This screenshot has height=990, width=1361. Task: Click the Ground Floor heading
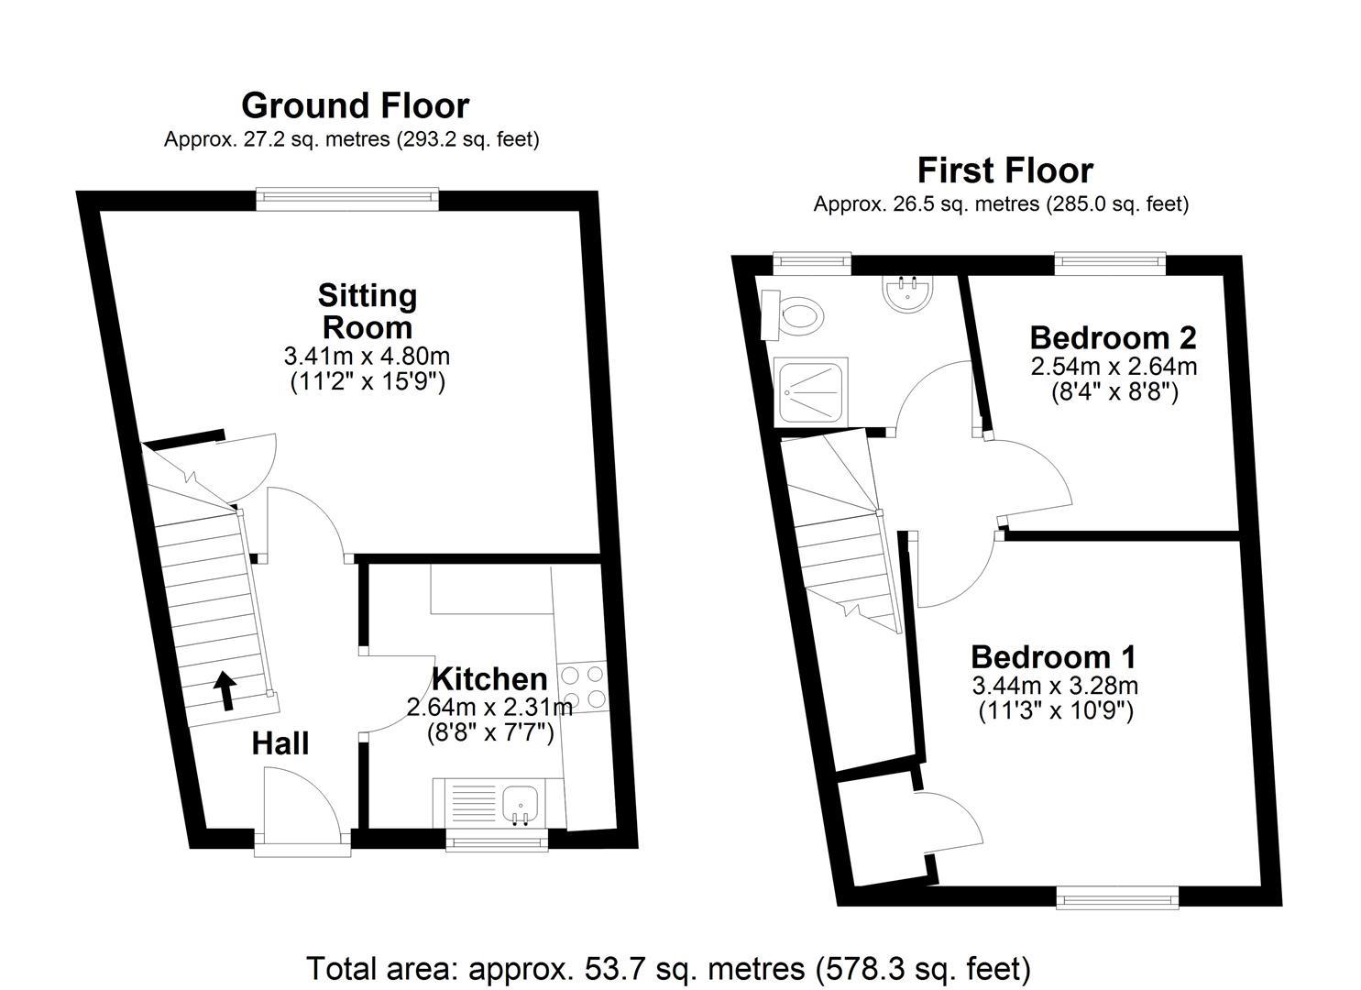tap(356, 105)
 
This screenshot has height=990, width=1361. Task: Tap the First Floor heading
tap(1005, 170)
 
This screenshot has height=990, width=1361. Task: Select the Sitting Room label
tap(368, 311)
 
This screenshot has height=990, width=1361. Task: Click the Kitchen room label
tap(489, 679)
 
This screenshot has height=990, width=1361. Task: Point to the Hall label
tap(280, 743)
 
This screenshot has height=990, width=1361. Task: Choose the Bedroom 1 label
tap(1054, 657)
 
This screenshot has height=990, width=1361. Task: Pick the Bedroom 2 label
tap(1114, 337)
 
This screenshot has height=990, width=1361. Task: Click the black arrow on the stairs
tap(226, 690)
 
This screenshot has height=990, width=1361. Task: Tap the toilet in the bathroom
tap(793, 315)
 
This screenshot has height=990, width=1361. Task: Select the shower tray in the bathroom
tap(811, 392)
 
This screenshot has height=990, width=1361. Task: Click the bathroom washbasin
tap(906, 293)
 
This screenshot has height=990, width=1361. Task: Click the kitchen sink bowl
tap(521, 804)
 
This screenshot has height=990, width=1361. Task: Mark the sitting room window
tap(347, 199)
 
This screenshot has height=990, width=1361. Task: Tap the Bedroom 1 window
tap(1117, 897)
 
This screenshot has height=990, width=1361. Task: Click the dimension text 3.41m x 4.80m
tap(367, 357)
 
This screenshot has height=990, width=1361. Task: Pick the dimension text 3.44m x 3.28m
tap(1055, 687)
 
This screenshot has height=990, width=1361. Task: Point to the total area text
tap(669, 969)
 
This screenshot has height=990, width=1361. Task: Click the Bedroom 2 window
tap(1111, 260)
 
